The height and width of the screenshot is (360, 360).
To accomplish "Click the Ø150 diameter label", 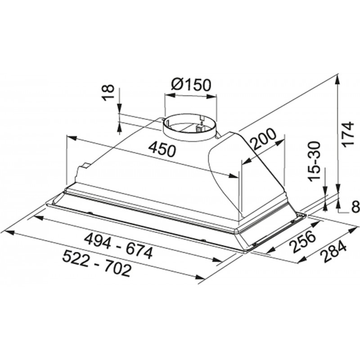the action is point(190,85).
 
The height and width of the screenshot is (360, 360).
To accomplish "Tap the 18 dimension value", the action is point(108,92).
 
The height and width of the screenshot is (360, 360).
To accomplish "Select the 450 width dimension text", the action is point(162,150).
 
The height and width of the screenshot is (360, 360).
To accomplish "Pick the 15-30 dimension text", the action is point(314,161).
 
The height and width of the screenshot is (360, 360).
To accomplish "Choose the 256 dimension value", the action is point(302,241).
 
